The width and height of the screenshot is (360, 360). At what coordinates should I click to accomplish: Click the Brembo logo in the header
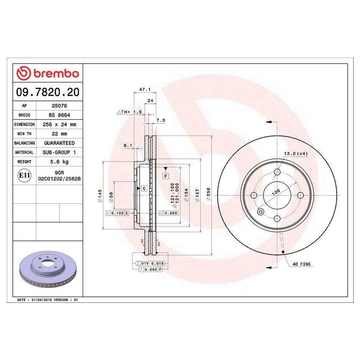click(47, 73)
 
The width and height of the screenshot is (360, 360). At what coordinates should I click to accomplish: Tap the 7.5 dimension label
click(161, 120)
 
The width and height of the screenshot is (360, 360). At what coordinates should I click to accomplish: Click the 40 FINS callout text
click(301, 264)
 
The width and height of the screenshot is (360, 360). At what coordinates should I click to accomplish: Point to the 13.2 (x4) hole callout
click(296, 153)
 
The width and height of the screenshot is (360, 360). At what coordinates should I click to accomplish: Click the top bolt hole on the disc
click(277, 172)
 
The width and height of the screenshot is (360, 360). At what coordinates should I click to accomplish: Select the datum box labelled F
click(166, 175)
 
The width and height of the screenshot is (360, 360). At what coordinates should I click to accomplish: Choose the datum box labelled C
click(144, 188)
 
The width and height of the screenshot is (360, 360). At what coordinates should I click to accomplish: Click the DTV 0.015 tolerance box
click(152, 263)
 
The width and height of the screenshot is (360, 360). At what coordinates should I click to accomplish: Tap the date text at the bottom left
click(47, 299)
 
